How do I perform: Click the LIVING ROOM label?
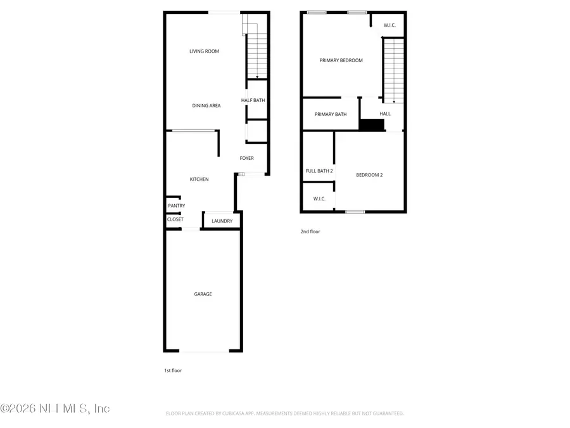204,51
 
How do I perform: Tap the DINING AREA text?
206,105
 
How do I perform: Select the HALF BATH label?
253,100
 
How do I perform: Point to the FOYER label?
246,159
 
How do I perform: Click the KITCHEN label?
199,179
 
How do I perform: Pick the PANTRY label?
176,206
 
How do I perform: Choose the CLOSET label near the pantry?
175,219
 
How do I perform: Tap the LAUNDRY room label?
222,221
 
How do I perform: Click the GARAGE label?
203,294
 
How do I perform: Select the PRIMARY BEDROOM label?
341,60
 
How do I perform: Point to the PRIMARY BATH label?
331,114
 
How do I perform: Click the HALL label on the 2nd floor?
385,114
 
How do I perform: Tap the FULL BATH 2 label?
319,171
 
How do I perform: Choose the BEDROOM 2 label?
369,175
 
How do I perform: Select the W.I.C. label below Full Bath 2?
319,199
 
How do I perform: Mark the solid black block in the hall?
372,125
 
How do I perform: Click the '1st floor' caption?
172,370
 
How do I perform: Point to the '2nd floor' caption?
310,232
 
